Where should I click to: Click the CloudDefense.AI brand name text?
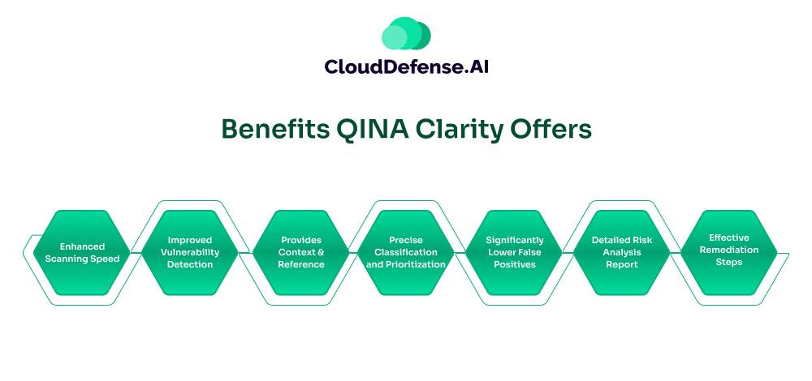(x=407, y=66)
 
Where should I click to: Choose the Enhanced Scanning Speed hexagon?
(x=82, y=252)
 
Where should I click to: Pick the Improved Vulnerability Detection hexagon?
(x=189, y=252)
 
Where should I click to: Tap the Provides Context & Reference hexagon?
(x=301, y=252)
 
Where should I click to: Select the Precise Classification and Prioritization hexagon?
(x=405, y=252)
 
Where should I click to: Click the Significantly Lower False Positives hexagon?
(x=514, y=252)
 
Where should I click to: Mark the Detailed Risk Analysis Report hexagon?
(x=622, y=252)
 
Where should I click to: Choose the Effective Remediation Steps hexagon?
(x=728, y=252)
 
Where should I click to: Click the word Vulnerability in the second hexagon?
(x=189, y=253)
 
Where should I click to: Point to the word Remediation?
(x=728, y=250)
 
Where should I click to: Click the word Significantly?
(x=514, y=241)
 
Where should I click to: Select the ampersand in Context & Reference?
(x=321, y=252)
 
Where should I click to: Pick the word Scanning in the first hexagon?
(x=63, y=259)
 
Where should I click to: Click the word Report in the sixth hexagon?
(x=622, y=265)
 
